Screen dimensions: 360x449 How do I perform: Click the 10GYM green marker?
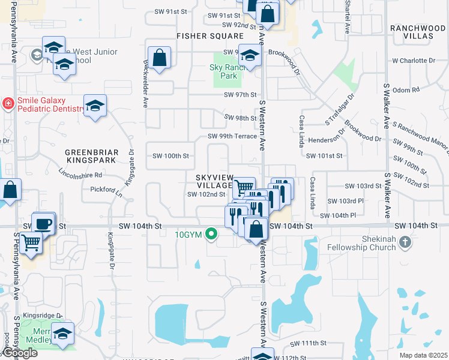click(x=211, y=234)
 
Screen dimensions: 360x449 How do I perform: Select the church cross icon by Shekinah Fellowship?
click(x=405, y=242)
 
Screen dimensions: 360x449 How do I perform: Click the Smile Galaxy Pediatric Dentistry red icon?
click(x=8, y=103)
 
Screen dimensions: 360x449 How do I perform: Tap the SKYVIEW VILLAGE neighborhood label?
click(x=214, y=181)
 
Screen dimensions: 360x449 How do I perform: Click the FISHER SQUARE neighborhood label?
click(x=202, y=36)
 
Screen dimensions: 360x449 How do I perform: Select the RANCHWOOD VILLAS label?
click(x=418, y=32)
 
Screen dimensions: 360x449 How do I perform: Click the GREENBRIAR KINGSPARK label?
click(x=91, y=157)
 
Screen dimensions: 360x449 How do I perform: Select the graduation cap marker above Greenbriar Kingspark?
click(x=95, y=106)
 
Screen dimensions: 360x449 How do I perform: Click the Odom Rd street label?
click(x=406, y=89)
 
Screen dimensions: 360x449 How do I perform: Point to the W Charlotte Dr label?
click(x=414, y=61)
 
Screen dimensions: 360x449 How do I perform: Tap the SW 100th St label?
click(x=169, y=155)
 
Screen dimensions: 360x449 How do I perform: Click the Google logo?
click(x=19, y=353)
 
